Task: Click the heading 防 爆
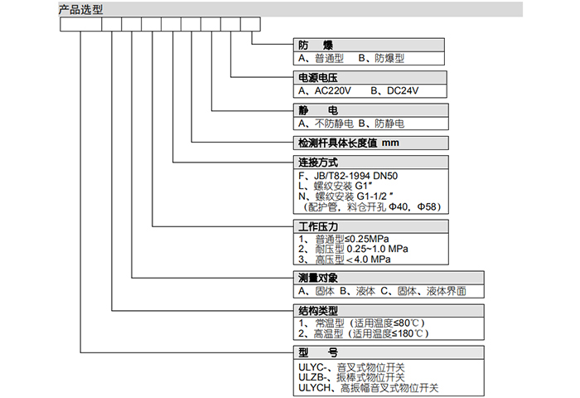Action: tap(315, 45)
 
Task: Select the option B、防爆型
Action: tap(380, 59)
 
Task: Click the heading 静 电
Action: tap(314, 109)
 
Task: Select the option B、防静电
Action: tap(380, 123)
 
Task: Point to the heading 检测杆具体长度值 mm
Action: tap(349, 143)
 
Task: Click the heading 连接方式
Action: tap(318, 163)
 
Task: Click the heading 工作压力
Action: tap(318, 226)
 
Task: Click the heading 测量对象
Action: tap(318, 279)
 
